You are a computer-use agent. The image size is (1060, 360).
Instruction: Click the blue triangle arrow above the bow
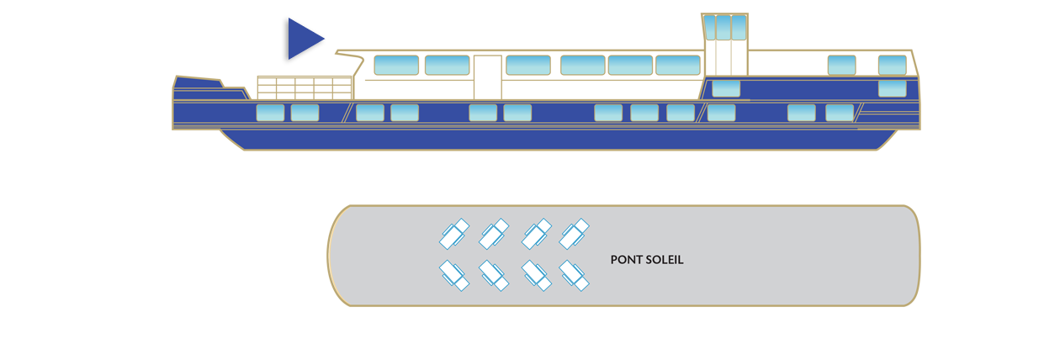(x=301, y=40)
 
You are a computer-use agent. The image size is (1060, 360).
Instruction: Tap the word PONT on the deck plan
(x=625, y=260)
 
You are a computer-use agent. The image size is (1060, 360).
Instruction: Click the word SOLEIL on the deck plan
(x=664, y=260)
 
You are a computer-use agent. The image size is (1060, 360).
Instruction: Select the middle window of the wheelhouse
(x=724, y=27)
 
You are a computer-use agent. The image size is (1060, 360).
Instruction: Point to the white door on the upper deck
(x=487, y=78)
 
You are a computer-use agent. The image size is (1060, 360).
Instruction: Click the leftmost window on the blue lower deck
(x=270, y=113)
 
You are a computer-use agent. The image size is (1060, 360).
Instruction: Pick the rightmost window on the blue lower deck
(x=839, y=113)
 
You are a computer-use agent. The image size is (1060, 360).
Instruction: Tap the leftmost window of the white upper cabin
(x=395, y=65)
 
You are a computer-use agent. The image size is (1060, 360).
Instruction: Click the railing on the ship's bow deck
(x=304, y=87)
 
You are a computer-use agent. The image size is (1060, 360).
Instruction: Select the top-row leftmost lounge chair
(x=454, y=233)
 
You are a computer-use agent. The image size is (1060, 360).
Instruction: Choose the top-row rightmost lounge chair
(x=575, y=233)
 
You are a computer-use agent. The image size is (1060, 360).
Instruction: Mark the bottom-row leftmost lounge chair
(x=454, y=275)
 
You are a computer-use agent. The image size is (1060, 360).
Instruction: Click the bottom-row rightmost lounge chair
(x=575, y=275)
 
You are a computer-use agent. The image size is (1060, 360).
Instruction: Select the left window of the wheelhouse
(x=711, y=27)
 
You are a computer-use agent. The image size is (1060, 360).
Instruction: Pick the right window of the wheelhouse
(x=739, y=27)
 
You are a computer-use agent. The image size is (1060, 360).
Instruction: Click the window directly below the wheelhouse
(x=726, y=88)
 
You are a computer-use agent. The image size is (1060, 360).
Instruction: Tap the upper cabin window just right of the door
(x=528, y=65)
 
